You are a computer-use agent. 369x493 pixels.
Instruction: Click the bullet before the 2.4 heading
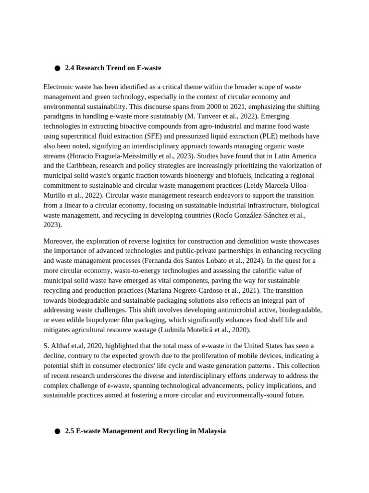click(57, 68)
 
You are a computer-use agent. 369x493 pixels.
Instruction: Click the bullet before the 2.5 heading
click(57, 431)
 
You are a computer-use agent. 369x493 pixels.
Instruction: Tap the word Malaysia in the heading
click(211, 431)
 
